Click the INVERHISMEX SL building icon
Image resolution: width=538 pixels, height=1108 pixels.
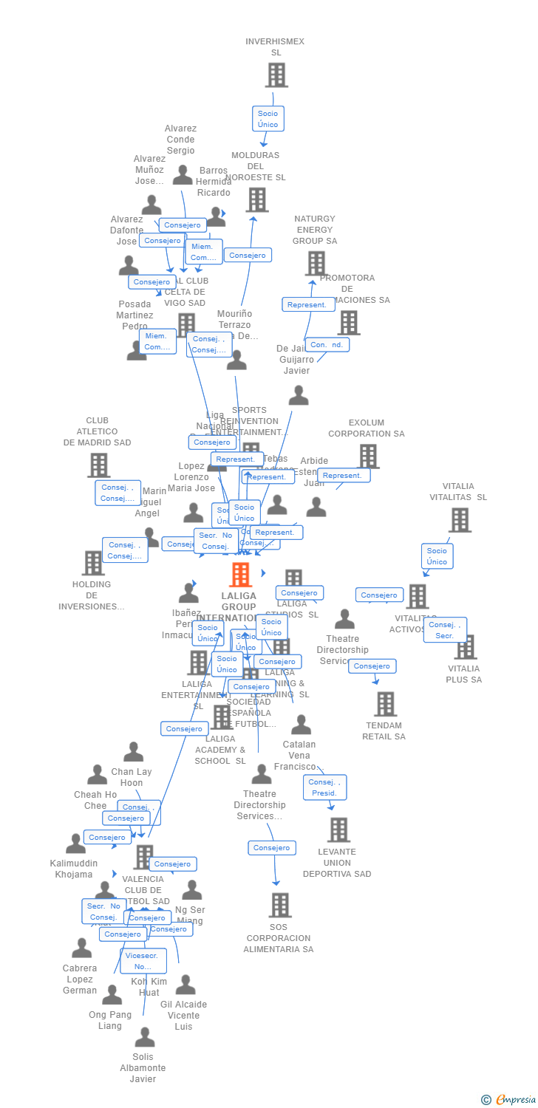276,75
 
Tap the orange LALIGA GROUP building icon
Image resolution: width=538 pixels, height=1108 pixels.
240,575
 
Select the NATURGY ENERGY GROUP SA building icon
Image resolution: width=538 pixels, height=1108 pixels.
316,263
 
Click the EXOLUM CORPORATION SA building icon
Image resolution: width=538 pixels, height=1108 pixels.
368,456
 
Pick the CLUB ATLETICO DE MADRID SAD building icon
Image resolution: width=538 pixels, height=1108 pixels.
98,465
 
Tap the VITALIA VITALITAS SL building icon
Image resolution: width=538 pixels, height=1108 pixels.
459,520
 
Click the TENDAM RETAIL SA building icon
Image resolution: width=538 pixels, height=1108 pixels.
384,704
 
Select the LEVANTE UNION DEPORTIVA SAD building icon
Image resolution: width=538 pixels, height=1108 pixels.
338,830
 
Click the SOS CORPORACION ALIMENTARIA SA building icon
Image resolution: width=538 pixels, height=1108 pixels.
279,905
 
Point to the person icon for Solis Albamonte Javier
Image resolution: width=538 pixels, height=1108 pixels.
145,1038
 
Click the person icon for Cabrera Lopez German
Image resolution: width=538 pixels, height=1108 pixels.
81,948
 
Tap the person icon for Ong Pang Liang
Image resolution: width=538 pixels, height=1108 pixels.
112,995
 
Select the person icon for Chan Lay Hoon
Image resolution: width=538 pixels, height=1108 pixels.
133,752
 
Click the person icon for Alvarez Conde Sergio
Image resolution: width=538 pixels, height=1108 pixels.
182,175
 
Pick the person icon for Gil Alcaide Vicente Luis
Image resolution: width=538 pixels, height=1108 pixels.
185,985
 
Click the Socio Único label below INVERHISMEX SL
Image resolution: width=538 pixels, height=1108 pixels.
268,119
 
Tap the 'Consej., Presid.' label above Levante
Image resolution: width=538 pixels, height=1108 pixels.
324,787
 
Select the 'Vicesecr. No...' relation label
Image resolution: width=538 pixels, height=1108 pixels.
143,961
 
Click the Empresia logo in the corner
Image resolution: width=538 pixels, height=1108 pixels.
508,1100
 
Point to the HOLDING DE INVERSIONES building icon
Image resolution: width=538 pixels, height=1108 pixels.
93,563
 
